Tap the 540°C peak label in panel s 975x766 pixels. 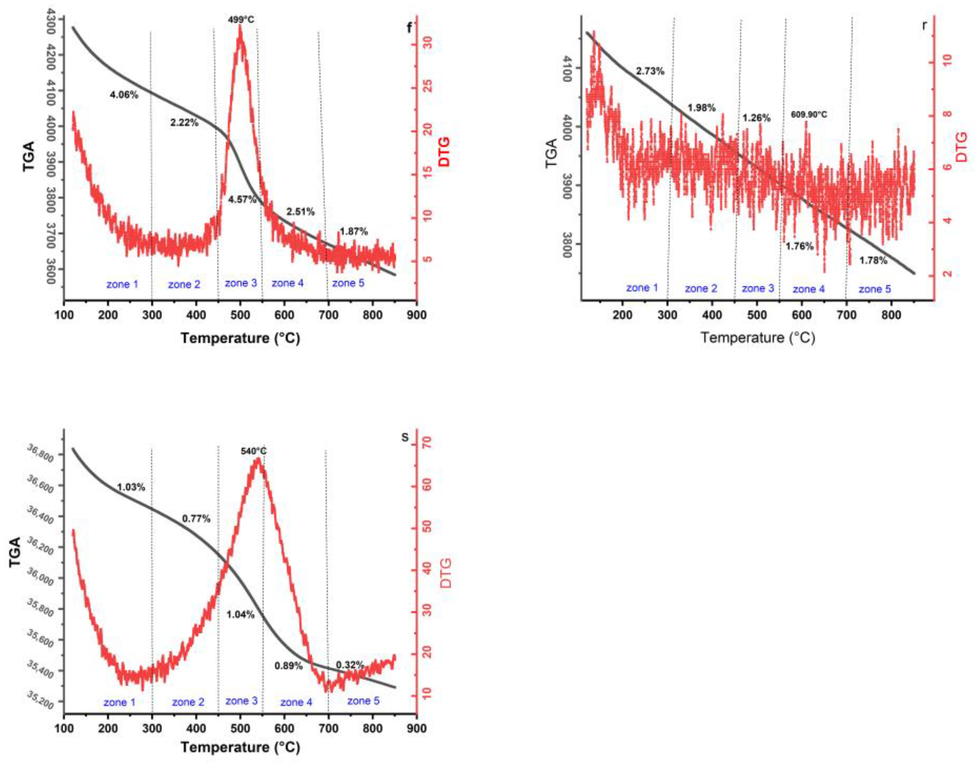(x=253, y=451)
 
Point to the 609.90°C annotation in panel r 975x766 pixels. (x=809, y=115)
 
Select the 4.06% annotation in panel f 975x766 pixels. (x=124, y=95)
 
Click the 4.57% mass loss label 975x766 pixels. (x=242, y=200)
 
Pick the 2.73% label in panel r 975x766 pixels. (x=650, y=71)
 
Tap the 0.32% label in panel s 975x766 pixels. (x=350, y=665)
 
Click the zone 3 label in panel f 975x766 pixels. (x=241, y=283)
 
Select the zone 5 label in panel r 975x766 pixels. (x=874, y=289)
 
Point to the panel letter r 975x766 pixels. (x=924, y=25)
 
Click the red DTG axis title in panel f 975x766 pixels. (x=444, y=152)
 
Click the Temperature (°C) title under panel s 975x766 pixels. (x=240, y=748)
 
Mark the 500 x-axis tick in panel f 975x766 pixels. (x=240, y=315)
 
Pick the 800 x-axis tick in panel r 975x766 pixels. (x=891, y=315)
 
